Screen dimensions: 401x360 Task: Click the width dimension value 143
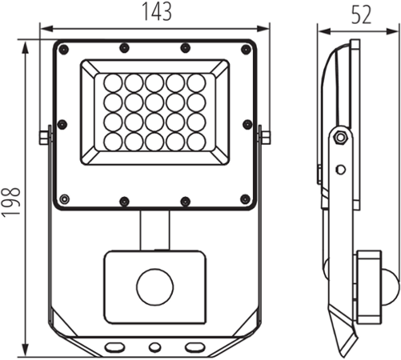point(157,11)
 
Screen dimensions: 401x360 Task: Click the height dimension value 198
point(11,202)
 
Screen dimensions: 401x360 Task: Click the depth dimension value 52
point(361,14)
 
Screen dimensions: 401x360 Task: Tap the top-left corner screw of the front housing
point(64,50)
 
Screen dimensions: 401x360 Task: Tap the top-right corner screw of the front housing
point(246,50)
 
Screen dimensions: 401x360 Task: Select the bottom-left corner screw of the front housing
point(64,199)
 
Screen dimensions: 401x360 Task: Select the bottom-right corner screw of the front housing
point(245,198)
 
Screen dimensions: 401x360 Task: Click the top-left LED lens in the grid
point(113,83)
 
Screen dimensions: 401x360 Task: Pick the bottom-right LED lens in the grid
point(196,142)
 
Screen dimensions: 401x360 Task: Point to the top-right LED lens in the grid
point(196,83)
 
